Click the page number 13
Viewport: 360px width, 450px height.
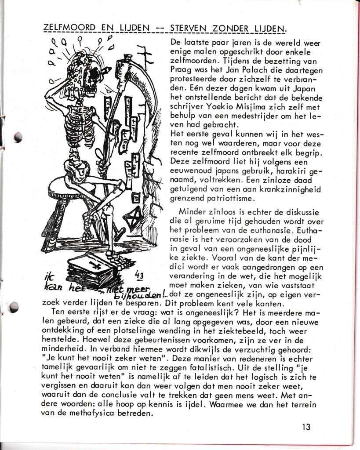[306, 427]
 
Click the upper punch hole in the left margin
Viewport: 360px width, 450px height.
[18, 137]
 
